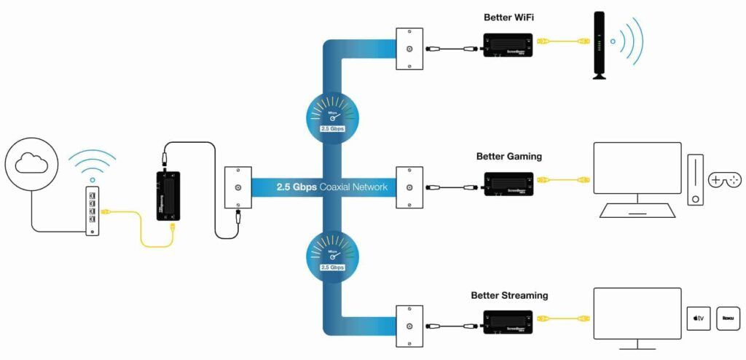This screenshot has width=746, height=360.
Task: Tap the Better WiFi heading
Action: click(510, 17)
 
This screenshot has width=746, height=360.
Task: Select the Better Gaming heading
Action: click(509, 156)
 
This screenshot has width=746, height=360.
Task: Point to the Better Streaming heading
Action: click(509, 295)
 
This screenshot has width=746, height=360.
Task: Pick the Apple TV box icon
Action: click(699, 318)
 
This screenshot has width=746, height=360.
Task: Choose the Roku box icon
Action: click(728, 318)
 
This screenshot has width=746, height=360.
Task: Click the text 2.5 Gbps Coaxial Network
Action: click(331, 187)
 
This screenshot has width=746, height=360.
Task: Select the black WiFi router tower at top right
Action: click(599, 44)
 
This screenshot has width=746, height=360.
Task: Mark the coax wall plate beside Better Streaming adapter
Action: click(409, 326)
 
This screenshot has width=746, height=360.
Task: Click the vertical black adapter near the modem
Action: click(167, 195)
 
